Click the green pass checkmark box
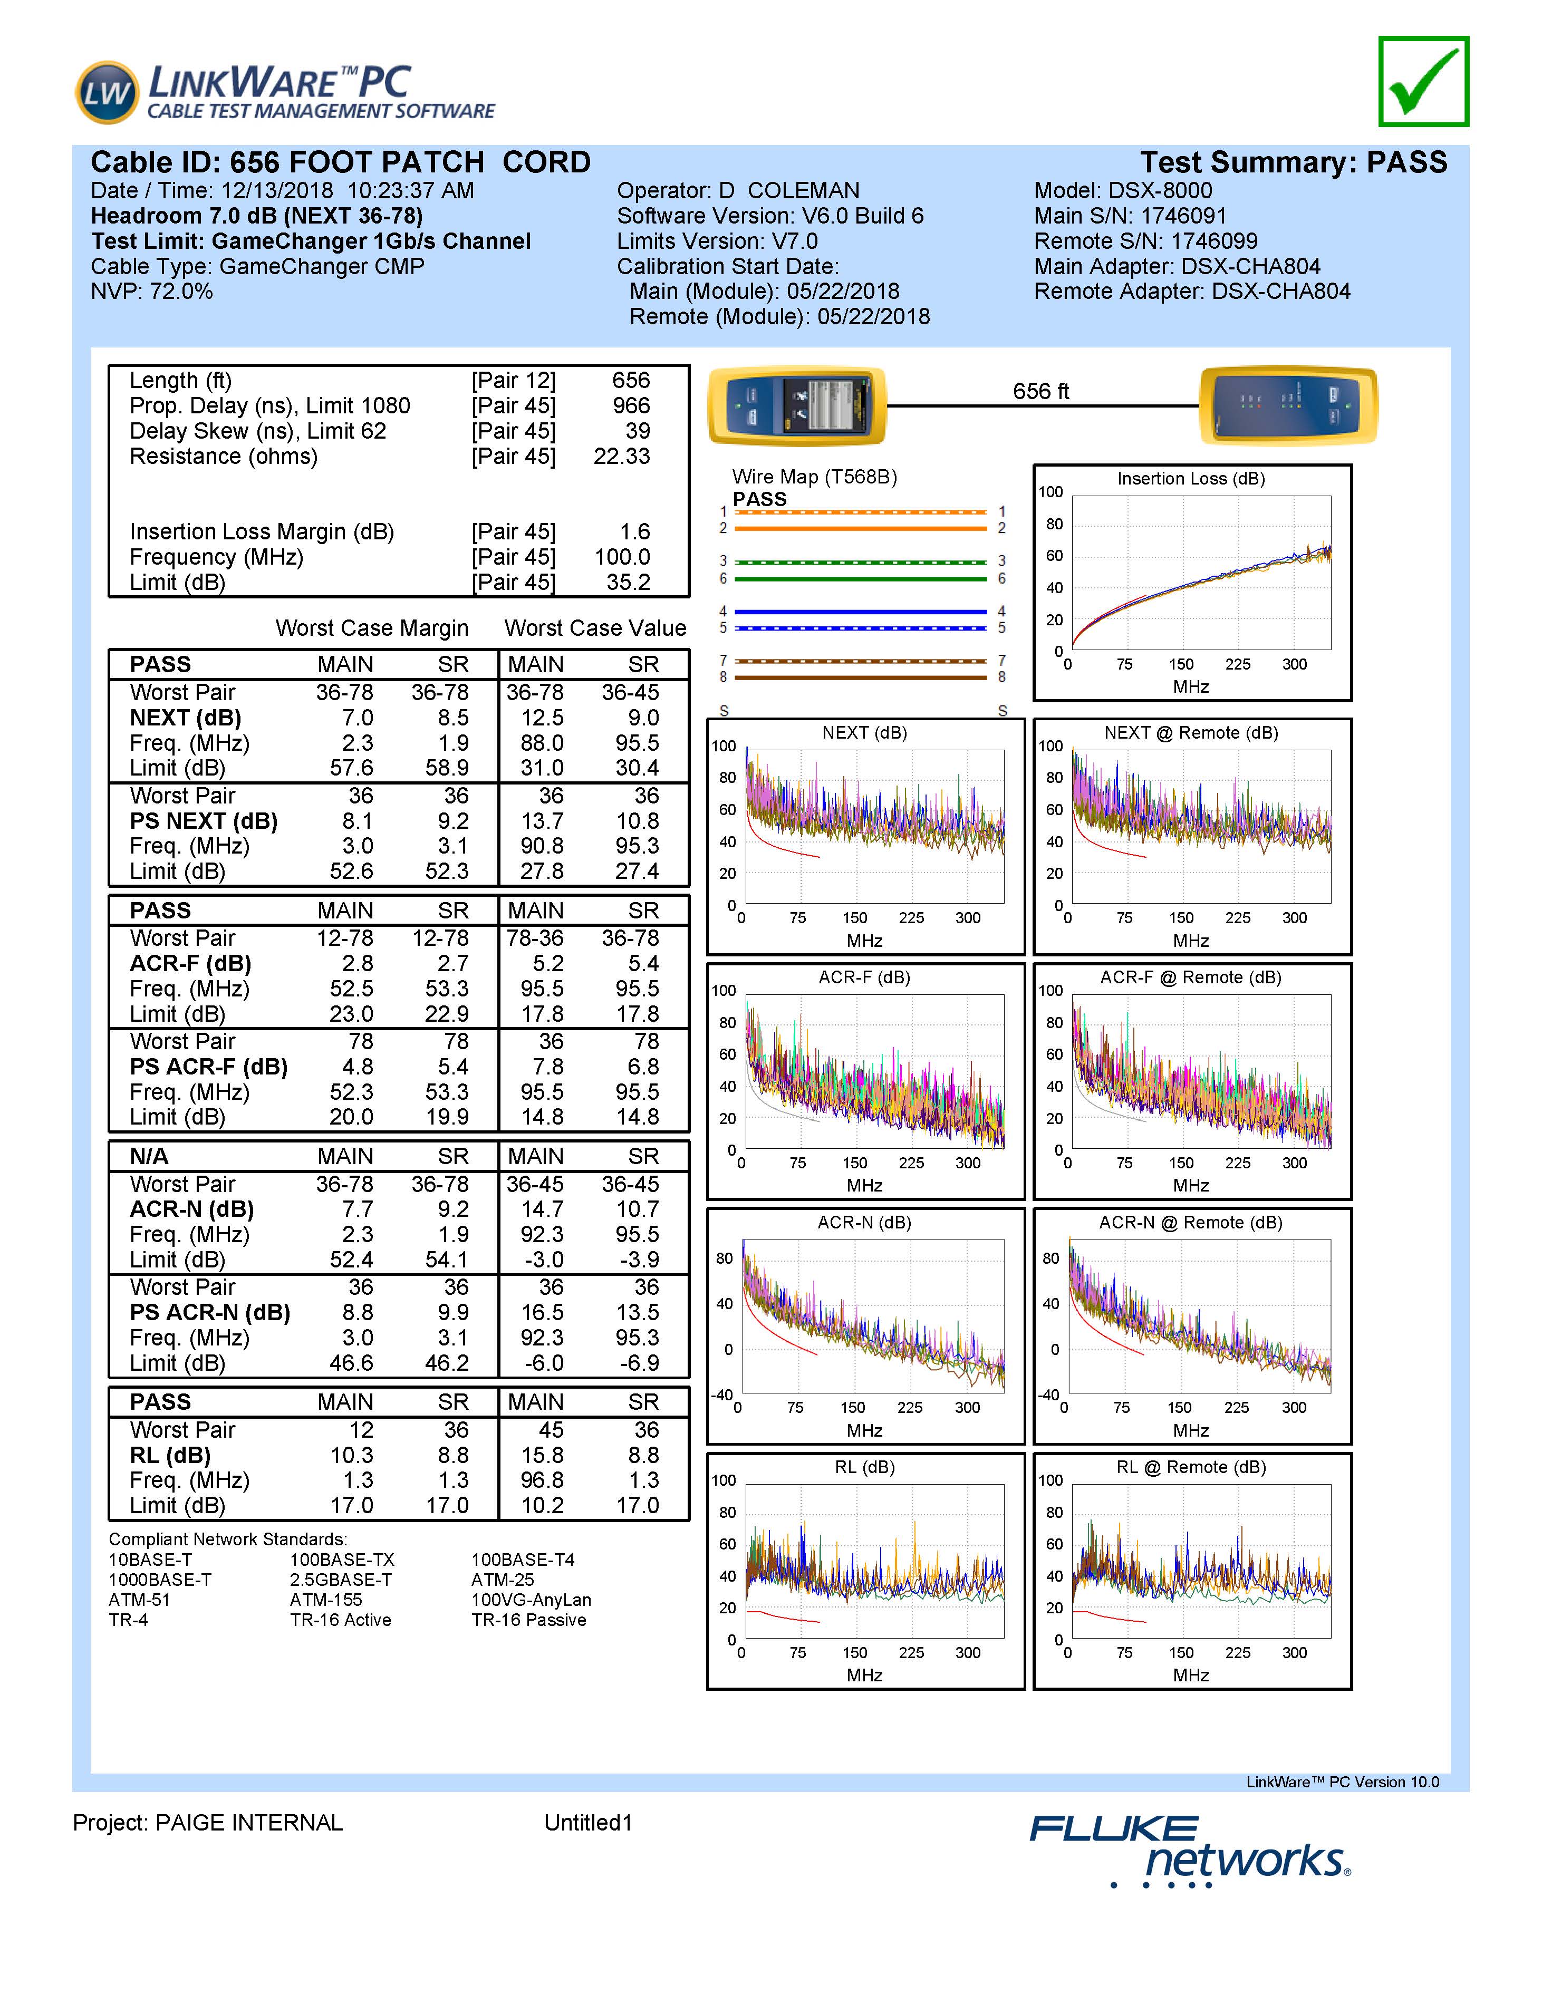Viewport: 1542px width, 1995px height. point(1423,81)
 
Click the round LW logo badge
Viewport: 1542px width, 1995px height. point(108,92)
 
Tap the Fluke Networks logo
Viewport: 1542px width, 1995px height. point(1190,1851)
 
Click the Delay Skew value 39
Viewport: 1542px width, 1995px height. point(638,431)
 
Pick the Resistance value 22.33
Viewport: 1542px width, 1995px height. point(622,457)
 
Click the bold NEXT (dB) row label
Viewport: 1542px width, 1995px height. point(186,718)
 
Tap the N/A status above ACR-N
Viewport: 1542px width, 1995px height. point(149,1156)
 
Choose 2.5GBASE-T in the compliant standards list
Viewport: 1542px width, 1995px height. point(341,1580)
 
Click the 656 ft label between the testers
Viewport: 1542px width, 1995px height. point(1040,391)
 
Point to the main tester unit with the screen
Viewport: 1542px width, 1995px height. point(797,405)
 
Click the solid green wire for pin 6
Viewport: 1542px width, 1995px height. point(861,579)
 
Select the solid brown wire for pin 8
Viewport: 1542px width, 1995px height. point(861,678)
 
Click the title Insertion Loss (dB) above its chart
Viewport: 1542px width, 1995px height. point(1191,479)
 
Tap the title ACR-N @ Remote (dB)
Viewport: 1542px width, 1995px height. point(1191,1222)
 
